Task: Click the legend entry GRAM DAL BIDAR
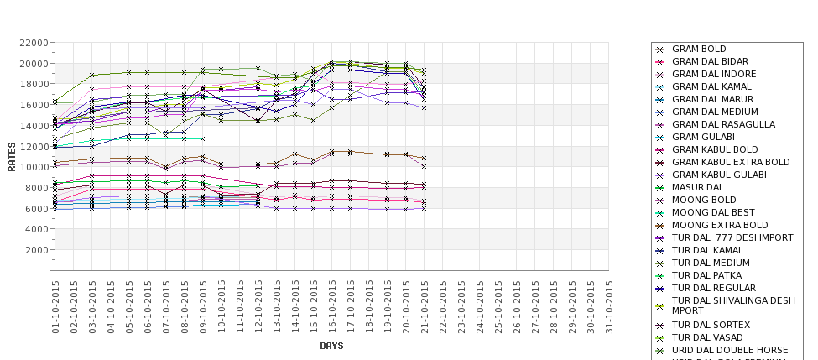[x=710, y=62]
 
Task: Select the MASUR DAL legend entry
[x=698, y=188]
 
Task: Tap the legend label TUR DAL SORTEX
[x=711, y=325]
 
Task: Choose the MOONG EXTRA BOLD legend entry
[x=720, y=226]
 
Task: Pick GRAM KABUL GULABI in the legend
[x=719, y=175]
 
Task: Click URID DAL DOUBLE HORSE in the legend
[x=730, y=350]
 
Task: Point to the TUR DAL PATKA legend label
[x=706, y=275]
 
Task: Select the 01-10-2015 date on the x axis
[x=55, y=307]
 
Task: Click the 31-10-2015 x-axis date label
[x=610, y=307]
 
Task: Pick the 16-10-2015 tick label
[x=332, y=307]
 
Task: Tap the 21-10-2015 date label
[x=425, y=307]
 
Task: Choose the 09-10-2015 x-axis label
[x=203, y=307]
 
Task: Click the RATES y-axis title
[x=12, y=155]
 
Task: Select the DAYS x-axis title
[x=331, y=346]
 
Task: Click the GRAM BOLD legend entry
[x=699, y=50]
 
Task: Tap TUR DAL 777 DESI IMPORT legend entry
[x=732, y=238]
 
